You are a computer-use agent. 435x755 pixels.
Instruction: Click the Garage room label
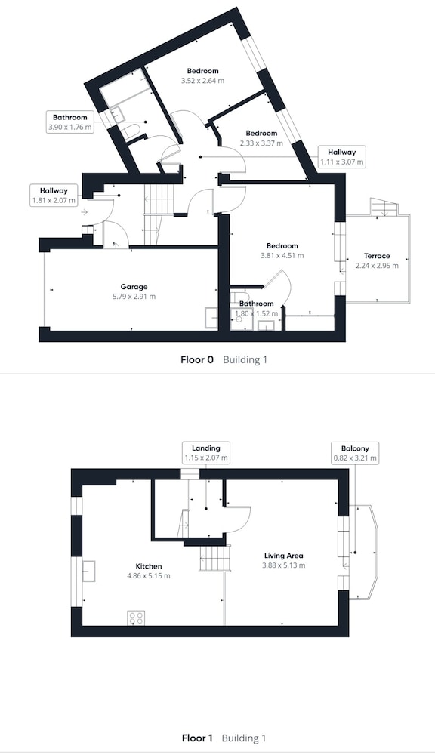coord(134,287)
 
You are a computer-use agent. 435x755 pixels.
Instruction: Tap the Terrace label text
coord(377,256)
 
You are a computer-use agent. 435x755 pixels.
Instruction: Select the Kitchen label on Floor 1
coord(148,566)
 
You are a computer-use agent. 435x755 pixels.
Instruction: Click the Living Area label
coord(283,556)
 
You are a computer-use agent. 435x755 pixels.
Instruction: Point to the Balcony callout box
coord(355,453)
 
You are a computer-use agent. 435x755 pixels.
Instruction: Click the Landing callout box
coord(205,452)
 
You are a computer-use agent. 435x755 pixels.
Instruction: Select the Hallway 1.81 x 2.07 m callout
coord(54,196)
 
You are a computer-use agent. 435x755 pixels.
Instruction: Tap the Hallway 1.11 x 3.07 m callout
coord(342,156)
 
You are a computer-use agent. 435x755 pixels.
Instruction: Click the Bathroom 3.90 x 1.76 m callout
coord(69,122)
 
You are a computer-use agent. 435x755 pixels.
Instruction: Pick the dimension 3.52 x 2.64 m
coord(202,81)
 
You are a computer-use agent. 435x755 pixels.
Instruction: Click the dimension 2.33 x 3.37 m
coord(261,143)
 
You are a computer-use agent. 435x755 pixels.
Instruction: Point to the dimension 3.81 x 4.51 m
coord(282,256)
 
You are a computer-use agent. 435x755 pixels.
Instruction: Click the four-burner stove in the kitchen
coord(137,618)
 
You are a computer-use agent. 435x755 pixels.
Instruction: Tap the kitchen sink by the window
coord(88,572)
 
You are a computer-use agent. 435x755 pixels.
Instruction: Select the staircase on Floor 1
coord(213,557)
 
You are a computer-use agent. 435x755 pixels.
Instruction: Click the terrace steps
coord(384,207)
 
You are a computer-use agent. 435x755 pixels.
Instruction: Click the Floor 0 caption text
coord(197,359)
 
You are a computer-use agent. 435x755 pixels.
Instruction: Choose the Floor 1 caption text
coord(197,738)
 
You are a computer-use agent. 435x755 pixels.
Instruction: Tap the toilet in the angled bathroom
coord(130,131)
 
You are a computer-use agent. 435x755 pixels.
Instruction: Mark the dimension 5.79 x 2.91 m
coord(134,297)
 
